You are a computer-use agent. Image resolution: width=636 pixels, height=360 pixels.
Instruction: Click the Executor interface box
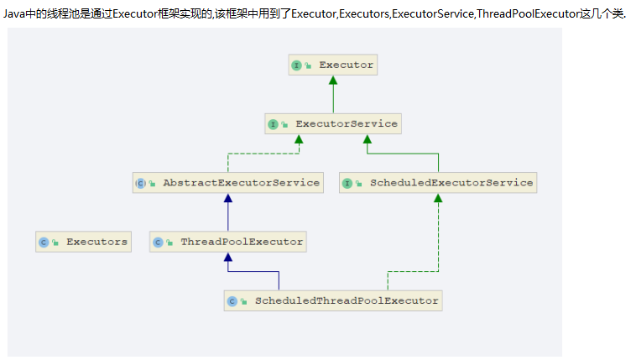pyautogui.click(x=333, y=65)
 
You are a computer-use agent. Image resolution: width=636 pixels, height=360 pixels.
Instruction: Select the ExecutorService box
pyautogui.click(x=333, y=124)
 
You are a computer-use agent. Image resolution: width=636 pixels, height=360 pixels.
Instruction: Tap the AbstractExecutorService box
pyautogui.click(x=228, y=183)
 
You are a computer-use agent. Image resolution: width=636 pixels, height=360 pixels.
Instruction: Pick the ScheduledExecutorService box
pyautogui.click(x=438, y=183)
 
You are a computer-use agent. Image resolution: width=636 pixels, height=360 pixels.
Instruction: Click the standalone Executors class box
pyautogui.click(x=83, y=242)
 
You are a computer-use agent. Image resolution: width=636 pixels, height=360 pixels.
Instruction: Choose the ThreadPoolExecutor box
pyautogui.click(x=228, y=242)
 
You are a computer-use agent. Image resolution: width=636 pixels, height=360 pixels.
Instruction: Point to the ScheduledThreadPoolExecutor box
pyautogui.click(x=333, y=300)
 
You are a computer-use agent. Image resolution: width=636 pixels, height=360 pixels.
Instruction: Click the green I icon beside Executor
pyautogui.click(x=296, y=65)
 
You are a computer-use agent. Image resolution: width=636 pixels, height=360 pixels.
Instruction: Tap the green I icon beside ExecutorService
pyautogui.click(x=273, y=124)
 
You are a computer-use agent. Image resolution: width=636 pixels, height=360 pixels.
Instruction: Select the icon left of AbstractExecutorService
pyautogui.click(x=140, y=183)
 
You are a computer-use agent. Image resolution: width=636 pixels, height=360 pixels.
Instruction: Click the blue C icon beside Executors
pyautogui.click(x=44, y=242)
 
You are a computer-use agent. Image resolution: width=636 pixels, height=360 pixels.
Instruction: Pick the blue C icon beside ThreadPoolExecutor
pyautogui.click(x=158, y=242)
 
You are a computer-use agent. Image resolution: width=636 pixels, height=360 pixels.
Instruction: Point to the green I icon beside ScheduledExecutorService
pyautogui.click(x=347, y=183)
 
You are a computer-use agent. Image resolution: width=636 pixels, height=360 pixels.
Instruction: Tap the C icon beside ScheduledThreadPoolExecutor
pyautogui.click(x=232, y=300)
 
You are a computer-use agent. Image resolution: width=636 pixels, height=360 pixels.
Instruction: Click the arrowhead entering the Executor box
pyautogui.click(x=333, y=81)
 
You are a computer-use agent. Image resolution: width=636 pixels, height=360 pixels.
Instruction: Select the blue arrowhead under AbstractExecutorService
pyautogui.click(x=227, y=198)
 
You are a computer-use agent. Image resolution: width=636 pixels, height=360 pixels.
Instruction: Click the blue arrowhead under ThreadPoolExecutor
pyautogui.click(x=227, y=257)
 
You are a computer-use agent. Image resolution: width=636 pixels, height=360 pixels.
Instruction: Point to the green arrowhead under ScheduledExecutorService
pyautogui.click(x=438, y=198)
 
